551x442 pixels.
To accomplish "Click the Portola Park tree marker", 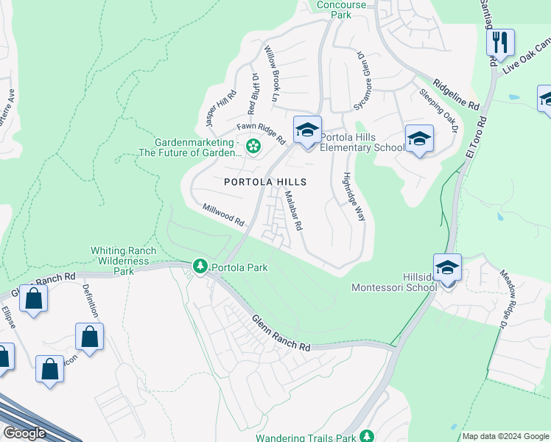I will (x=200, y=266).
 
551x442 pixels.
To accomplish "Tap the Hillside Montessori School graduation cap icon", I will (x=447, y=269).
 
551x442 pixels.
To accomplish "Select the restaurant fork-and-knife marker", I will (x=501, y=43).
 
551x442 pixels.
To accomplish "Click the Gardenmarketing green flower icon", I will (x=253, y=147).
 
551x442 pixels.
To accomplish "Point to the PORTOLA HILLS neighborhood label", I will (x=265, y=181).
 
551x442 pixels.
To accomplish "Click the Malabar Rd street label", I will (x=294, y=211).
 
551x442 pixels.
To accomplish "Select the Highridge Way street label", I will (x=355, y=197).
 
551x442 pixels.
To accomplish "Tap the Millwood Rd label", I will (x=224, y=215).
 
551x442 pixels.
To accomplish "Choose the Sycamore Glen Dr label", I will (x=362, y=81).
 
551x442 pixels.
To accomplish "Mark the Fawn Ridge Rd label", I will (x=261, y=133).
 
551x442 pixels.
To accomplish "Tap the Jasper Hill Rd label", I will (x=221, y=106).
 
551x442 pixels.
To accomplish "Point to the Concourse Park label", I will (x=341, y=9).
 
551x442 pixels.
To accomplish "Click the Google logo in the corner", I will (x=24, y=433).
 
